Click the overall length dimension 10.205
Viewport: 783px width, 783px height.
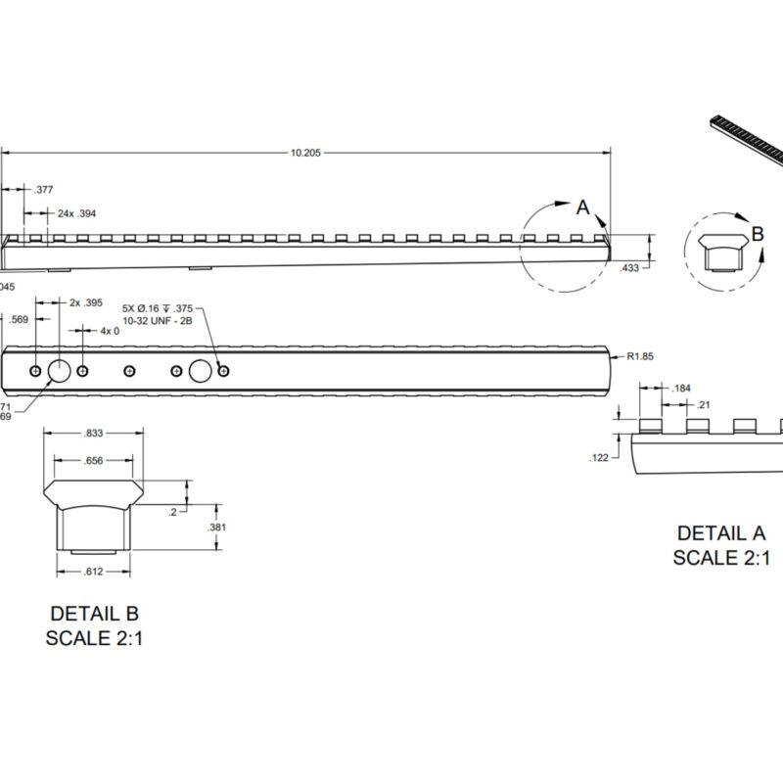pos(306,153)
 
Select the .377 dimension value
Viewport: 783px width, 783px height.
pos(43,190)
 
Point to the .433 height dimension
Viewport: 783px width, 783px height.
pos(630,266)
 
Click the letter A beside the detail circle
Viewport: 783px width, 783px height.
pos(582,207)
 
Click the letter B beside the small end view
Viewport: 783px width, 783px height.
pos(757,234)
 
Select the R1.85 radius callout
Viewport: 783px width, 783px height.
pos(639,356)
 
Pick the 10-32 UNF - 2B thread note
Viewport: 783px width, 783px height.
pos(156,320)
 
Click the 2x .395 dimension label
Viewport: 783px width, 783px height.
pos(87,302)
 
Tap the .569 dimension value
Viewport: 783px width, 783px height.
pos(18,319)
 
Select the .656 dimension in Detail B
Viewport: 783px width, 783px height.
pos(94,461)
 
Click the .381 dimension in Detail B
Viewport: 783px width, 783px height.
pos(218,528)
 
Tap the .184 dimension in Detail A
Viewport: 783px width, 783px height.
pos(682,389)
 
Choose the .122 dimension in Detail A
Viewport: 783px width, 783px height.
pos(600,457)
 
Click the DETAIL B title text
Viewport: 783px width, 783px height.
pos(94,615)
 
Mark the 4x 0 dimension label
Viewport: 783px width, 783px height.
pos(110,331)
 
